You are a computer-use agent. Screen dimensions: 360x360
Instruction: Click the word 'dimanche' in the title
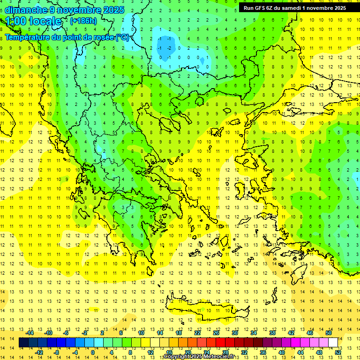pyautogui.click(x=25, y=10)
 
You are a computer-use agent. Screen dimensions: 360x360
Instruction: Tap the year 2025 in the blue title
pyautogui.click(x=112, y=10)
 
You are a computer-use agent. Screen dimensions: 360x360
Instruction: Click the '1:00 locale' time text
pyautogui.click(x=33, y=21)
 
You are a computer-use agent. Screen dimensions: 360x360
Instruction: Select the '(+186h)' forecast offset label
pyautogui.click(x=83, y=21)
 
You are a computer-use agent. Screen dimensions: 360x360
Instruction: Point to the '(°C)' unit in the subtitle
pyautogui.click(x=122, y=37)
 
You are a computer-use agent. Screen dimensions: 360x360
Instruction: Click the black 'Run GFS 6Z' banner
pyautogui.click(x=294, y=8)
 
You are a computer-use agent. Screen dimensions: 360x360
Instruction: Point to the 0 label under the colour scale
pyautogui.click(x=92, y=352)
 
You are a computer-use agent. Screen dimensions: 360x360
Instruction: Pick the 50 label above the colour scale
pyautogui.click(x=328, y=333)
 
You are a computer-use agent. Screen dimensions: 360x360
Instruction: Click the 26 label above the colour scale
pyautogui.click(x=216, y=333)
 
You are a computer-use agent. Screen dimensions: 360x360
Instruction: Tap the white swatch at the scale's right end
pyautogui.click(x=333, y=343)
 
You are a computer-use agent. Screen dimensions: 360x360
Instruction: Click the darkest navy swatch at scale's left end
pyautogui.click(x=24, y=343)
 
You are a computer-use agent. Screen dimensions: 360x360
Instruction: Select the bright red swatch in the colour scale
pyautogui.click(x=220, y=343)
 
